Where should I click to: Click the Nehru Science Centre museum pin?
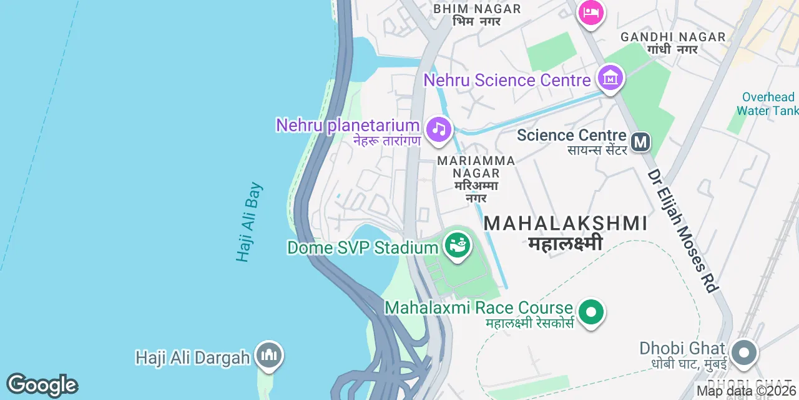coord(610,78)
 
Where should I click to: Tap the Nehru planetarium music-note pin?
coord(438,129)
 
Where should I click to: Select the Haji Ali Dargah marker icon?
coord(269,356)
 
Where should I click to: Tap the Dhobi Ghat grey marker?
coord(743,353)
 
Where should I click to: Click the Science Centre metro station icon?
coord(640,142)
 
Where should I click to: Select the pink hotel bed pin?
coord(591,12)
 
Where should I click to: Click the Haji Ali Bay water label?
coord(250,222)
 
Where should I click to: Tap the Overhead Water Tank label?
coord(767,104)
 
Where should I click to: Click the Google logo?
coord(42,385)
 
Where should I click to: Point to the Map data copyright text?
coord(747,391)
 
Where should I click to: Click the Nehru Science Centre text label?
coord(507,80)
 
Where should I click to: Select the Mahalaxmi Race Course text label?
coord(479,307)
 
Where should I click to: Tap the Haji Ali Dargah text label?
coord(193,357)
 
